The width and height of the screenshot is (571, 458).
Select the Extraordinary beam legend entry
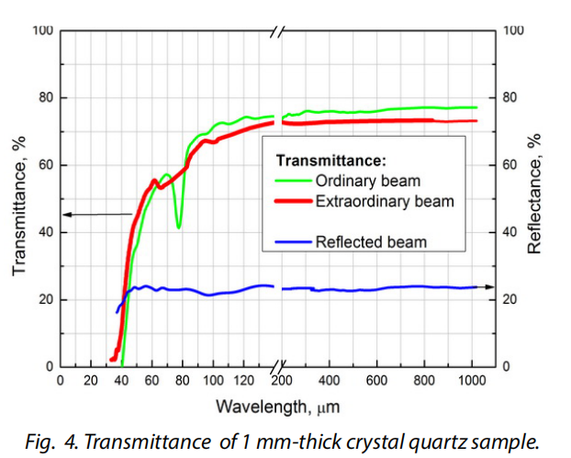click(x=384, y=200)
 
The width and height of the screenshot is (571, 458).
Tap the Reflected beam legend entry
click(x=370, y=242)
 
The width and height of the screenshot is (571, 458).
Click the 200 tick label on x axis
click(x=282, y=380)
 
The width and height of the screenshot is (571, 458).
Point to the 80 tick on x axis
click(x=183, y=380)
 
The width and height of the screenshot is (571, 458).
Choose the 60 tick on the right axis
click(x=513, y=165)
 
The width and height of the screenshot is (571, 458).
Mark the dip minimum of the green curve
click(x=178, y=227)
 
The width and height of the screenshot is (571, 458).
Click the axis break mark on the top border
click(x=278, y=31)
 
